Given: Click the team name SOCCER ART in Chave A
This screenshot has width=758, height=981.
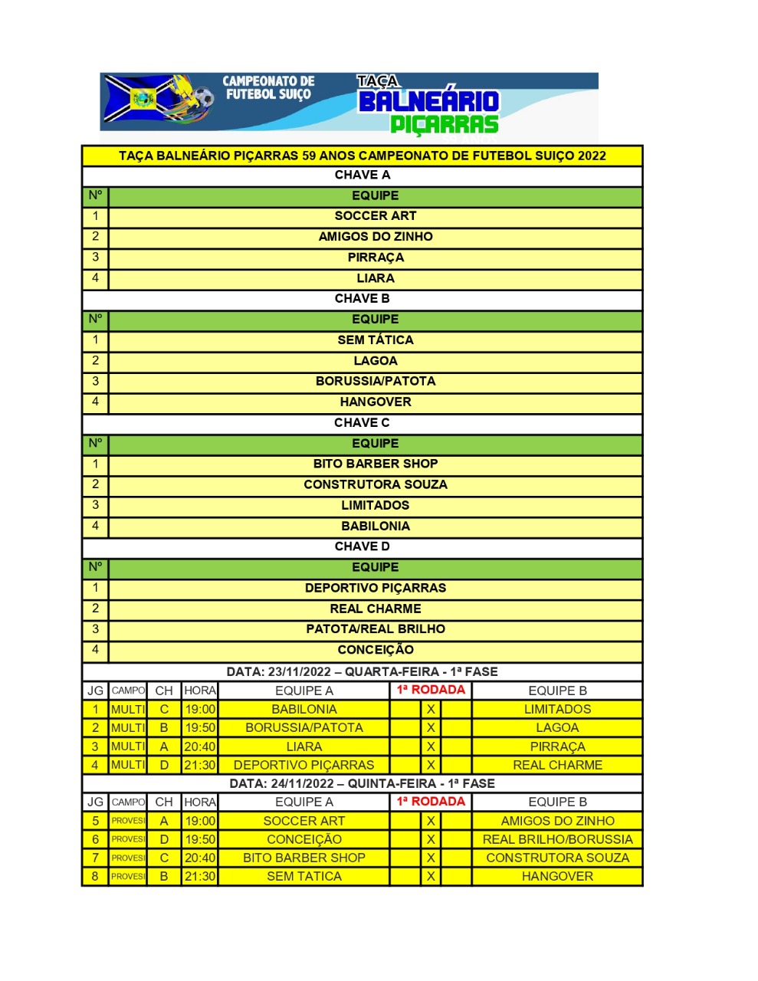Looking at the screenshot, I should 375,216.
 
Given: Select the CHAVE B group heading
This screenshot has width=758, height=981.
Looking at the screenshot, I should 362,299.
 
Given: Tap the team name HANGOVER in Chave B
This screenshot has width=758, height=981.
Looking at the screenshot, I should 375,402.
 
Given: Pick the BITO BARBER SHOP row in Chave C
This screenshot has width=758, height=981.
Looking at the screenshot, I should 375,464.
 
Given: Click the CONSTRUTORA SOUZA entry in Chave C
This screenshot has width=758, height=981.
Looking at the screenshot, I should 375,484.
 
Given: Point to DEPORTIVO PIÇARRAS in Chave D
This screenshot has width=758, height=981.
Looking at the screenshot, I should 375,588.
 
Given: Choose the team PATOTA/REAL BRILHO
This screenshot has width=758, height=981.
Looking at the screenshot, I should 375,629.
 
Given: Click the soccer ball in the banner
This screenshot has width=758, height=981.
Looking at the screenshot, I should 203,98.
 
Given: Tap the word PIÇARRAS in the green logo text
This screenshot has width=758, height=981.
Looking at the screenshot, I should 444,123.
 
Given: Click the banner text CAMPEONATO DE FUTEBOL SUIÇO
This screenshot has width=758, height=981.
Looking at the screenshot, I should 268,87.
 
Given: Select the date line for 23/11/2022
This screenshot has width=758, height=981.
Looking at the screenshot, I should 362,671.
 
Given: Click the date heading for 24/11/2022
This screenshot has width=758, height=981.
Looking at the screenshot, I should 362,783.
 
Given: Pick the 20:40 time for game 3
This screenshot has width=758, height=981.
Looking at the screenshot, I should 199,746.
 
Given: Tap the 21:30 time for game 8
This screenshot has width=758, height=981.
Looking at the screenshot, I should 199,876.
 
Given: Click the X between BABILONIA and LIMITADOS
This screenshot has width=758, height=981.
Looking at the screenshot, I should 431,710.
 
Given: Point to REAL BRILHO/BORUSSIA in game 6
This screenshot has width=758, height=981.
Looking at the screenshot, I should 557,839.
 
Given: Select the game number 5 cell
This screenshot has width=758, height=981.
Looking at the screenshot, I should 95,821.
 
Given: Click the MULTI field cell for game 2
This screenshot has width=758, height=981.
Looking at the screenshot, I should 127,728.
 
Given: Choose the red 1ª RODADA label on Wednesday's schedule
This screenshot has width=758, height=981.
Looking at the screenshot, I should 431,690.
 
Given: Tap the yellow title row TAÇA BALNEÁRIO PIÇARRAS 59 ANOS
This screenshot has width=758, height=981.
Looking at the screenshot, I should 362,156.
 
